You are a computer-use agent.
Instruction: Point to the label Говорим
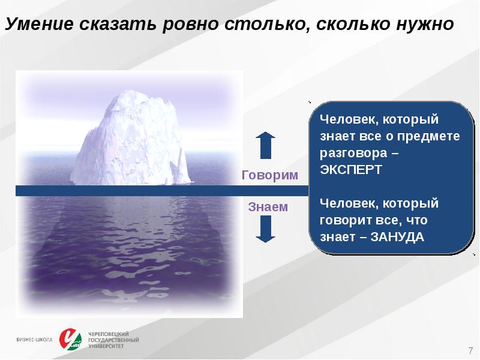pyautogui.click(x=269, y=176)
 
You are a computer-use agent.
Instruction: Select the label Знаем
pyautogui.click(x=268, y=207)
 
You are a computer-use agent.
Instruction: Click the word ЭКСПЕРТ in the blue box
pyautogui.click(x=351, y=169)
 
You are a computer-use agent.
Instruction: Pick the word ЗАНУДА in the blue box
pyautogui.click(x=397, y=236)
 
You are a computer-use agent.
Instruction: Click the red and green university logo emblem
pyautogui.click(x=71, y=339)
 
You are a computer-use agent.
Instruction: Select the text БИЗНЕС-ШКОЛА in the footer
pyautogui.click(x=34, y=340)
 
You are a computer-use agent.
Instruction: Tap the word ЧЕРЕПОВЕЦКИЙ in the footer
pyautogui.click(x=109, y=334)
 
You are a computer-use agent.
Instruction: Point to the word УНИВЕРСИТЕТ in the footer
pyautogui.click(x=106, y=346)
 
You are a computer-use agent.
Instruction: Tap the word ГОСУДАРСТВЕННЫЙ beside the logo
pyautogui.click(x=113, y=340)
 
